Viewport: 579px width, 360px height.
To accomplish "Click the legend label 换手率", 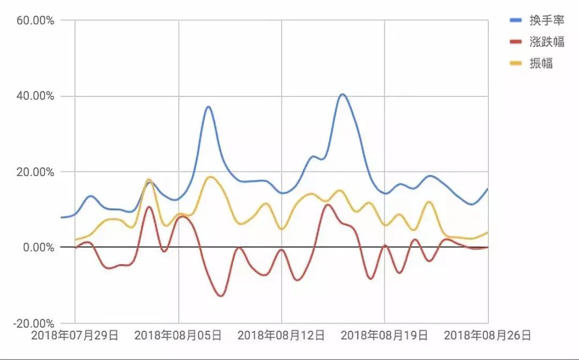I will (x=544, y=20).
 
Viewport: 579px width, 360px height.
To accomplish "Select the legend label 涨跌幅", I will (x=544, y=42).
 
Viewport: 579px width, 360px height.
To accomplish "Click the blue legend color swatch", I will (x=515, y=20).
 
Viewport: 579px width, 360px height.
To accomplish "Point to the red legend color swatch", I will (x=515, y=42).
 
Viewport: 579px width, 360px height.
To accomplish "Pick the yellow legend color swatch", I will (x=515, y=63).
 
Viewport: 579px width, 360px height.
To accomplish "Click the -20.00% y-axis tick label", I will (x=33, y=324).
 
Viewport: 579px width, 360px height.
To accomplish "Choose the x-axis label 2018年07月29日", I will (x=75, y=336).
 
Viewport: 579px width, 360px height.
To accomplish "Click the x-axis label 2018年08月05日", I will (x=178, y=336).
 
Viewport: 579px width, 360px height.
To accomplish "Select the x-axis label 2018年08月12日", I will (x=281, y=336).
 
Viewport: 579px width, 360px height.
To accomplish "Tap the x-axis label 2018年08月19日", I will (x=384, y=336).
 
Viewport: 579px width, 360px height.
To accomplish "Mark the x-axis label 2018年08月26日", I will (x=487, y=336).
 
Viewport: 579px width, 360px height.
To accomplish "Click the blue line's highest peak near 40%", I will (x=343, y=95).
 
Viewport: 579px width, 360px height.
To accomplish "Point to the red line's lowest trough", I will (x=221, y=296).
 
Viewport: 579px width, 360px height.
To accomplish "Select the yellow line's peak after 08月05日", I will (x=210, y=177).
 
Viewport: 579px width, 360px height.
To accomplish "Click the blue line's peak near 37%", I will (x=208, y=107).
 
